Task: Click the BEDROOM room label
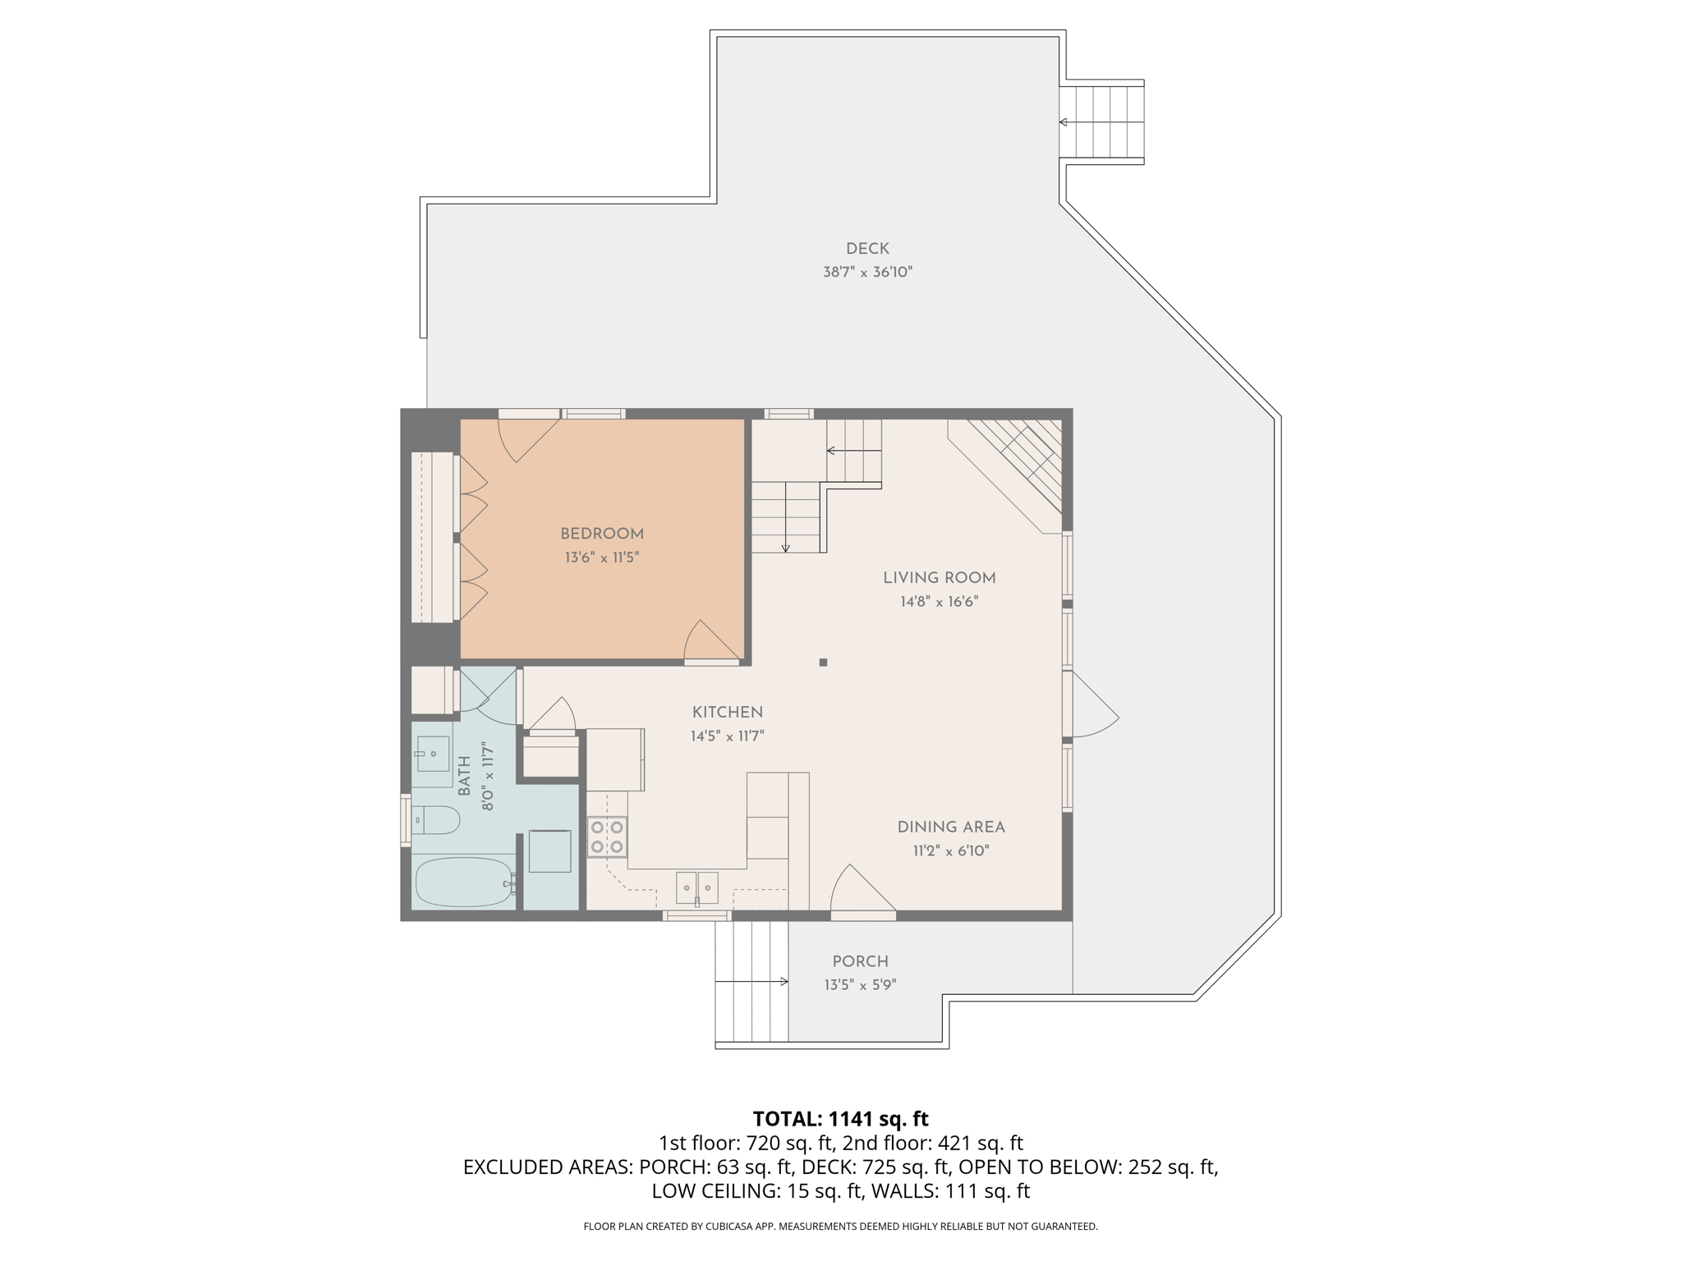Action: point(601,534)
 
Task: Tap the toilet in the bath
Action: point(437,819)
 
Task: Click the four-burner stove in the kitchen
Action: point(607,837)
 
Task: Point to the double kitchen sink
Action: point(696,887)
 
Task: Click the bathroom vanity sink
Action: point(433,754)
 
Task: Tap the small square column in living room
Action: point(823,662)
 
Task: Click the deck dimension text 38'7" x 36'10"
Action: point(867,272)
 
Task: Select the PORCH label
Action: point(860,961)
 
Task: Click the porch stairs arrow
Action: point(751,981)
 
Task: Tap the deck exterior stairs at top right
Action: point(1101,122)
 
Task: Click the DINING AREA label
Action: point(950,828)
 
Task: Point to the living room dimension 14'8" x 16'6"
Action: point(939,602)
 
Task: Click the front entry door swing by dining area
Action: point(858,891)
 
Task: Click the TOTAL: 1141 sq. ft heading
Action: point(840,1119)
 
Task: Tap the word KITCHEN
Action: point(727,713)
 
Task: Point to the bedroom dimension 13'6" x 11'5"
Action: point(601,557)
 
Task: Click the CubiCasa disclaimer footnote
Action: point(840,1227)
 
